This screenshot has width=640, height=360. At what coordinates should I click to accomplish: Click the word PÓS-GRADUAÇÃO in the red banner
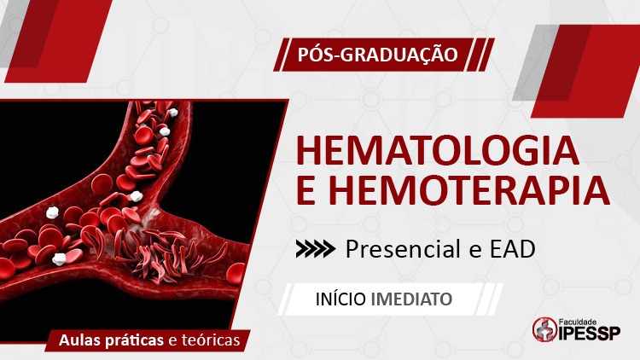377,55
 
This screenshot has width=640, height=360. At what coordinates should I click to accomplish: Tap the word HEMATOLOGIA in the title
438,151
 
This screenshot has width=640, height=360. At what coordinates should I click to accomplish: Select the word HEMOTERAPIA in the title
469,189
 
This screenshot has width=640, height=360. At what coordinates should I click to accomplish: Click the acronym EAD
512,249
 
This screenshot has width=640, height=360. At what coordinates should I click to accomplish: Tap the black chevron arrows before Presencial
316,249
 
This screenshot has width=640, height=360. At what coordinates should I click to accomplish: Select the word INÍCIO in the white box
340,299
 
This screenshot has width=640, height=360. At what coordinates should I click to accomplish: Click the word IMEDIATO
411,299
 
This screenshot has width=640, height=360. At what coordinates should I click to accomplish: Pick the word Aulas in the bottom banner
80,340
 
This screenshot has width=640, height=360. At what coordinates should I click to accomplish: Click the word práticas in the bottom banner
134,341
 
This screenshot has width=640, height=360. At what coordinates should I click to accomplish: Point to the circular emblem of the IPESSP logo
545,329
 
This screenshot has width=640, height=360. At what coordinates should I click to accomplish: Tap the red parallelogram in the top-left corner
58,41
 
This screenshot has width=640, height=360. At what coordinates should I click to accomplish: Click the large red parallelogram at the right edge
585,71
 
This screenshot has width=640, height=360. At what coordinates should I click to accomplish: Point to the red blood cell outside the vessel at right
236,273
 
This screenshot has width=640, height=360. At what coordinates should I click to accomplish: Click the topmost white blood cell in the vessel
172,113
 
